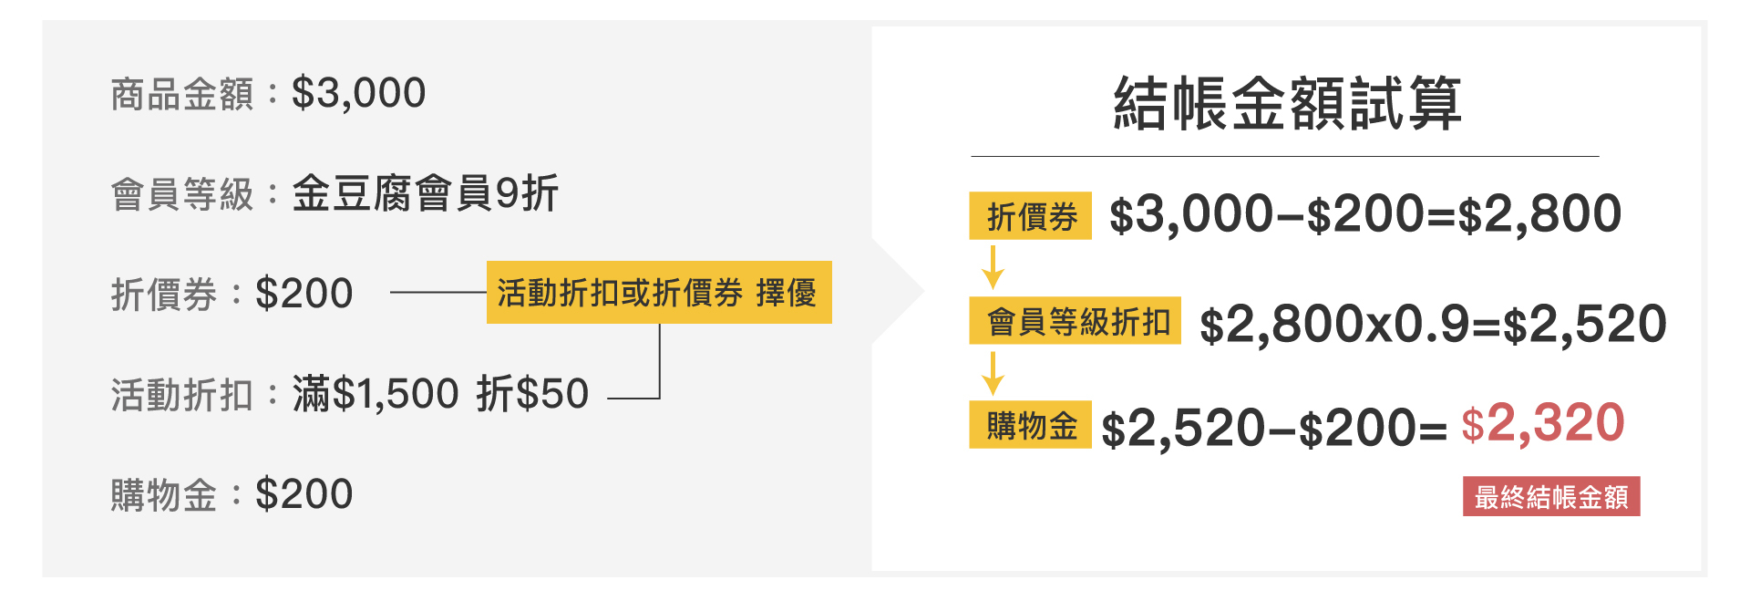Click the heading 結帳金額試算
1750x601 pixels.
click(x=1286, y=103)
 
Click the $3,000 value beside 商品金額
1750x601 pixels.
click(x=358, y=93)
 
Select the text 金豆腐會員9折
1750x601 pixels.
click(x=425, y=193)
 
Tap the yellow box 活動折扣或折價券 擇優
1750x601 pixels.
click(x=658, y=293)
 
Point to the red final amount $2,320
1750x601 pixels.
click(x=1542, y=424)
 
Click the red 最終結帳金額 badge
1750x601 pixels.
click(x=1551, y=497)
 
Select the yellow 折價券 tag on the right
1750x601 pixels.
click(x=1030, y=216)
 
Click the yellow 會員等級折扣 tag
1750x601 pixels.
click(x=1075, y=321)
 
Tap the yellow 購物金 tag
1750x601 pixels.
click(x=1030, y=425)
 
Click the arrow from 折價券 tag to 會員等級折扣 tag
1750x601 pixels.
click(x=993, y=267)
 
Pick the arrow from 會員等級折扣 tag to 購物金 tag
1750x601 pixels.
click(x=993, y=373)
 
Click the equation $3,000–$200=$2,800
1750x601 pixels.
click(x=1364, y=215)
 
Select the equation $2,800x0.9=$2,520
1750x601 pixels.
click(x=1432, y=325)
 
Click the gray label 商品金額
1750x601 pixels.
click(x=181, y=94)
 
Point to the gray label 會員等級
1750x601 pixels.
click(x=181, y=194)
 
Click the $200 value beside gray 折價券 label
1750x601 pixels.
click(x=304, y=294)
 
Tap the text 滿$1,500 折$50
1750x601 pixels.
click(x=440, y=394)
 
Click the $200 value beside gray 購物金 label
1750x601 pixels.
click(x=304, y=494)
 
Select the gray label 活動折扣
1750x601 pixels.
click(x=181, y=395)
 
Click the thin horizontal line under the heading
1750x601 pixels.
click(x=1284, y=157)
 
